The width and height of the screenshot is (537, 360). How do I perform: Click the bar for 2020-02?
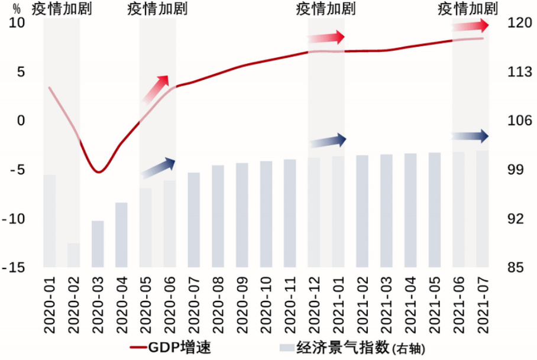[73, 255]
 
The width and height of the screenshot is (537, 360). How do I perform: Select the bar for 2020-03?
[98, 244]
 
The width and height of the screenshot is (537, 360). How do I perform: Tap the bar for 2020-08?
[218, 216]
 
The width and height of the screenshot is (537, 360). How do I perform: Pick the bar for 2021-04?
[410, 210]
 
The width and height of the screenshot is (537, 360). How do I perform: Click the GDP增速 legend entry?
[170, 347]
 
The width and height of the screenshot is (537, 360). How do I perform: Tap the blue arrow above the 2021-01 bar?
[328, 141]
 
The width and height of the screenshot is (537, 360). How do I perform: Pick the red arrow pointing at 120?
[471, 25]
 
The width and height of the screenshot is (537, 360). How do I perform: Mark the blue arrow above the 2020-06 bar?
[158, 168]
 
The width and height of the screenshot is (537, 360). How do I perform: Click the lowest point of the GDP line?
[99, 172]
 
